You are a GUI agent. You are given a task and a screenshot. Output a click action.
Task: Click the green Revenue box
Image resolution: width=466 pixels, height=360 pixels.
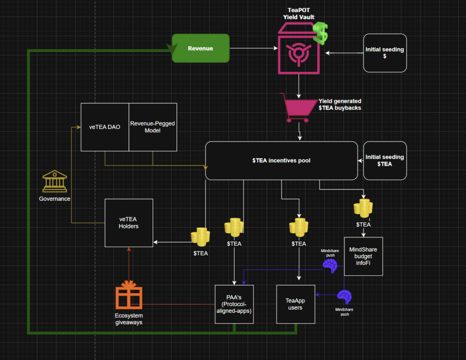click(200, 48)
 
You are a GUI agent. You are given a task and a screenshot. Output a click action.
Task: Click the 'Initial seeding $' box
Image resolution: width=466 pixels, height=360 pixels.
click(385, 53)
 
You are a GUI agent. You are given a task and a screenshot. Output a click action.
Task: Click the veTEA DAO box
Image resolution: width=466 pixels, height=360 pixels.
click(105, 127)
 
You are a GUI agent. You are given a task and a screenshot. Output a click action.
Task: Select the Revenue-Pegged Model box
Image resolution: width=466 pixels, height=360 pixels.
click(153, 127)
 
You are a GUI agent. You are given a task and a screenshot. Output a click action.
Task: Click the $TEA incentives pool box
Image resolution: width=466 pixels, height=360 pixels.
click(281, 160)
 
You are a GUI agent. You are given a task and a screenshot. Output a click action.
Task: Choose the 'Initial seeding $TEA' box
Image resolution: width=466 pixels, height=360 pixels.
click(385, 160)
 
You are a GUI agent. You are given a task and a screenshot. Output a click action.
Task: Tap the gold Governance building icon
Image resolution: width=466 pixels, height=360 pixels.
click(54, 182)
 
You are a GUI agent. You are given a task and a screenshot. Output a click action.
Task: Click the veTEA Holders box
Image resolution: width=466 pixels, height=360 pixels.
click(129, 223)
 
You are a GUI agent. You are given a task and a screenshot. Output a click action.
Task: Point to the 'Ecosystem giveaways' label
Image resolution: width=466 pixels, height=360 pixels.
click(128, 319)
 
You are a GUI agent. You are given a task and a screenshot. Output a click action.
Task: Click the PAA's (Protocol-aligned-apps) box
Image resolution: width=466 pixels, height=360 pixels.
click(234, 304)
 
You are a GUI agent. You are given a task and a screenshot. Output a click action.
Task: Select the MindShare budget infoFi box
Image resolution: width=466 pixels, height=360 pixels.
click(363, 256)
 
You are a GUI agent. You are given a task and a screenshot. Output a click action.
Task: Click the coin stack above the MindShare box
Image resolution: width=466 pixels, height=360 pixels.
click(363, 208)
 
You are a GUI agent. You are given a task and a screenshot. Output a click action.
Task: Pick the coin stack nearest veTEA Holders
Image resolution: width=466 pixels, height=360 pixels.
click(200, 237)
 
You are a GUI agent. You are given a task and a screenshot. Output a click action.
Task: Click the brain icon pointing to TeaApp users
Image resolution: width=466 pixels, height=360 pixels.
click(344, 296)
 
